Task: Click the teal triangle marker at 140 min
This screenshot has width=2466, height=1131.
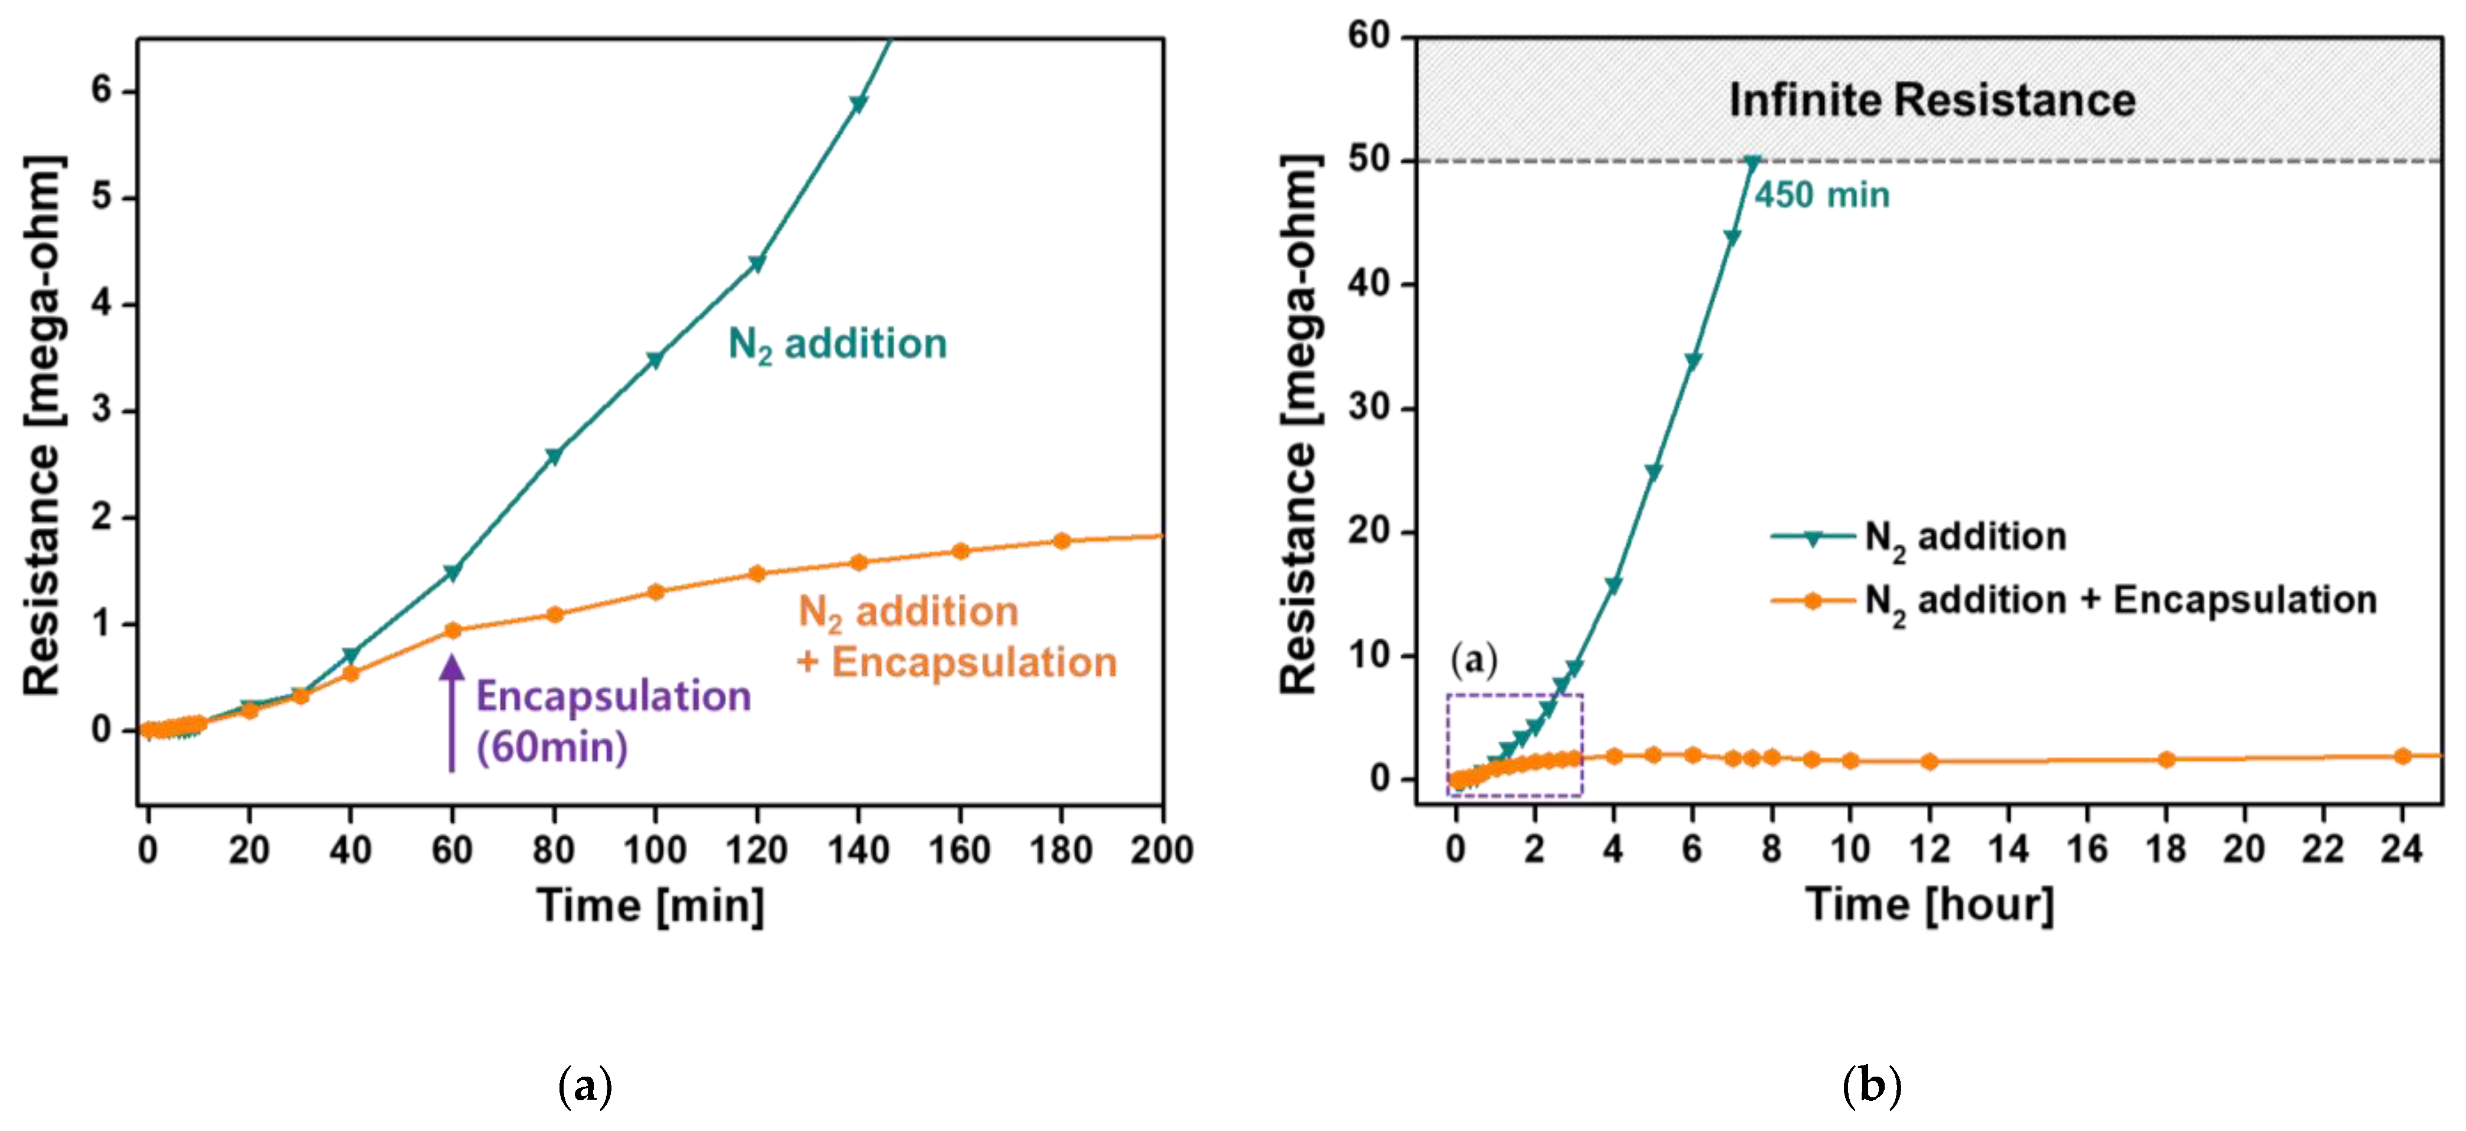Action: click(x=858, y=103)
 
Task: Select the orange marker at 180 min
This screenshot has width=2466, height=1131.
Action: click(x=1060, y=541)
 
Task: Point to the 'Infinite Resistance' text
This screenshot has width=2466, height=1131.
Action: click(x=1932, y=100)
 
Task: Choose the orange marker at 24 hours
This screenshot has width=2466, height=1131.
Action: click(x=2402, y=756)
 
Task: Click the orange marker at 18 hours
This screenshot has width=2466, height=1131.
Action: click(x=2166, y=759)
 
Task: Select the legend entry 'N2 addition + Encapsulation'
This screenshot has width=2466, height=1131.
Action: click(x=2119, y=600)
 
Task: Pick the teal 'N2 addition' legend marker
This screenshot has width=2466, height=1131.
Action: click(x=1812, y=538)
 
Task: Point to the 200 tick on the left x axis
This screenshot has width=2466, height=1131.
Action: click(x=1161, y=850)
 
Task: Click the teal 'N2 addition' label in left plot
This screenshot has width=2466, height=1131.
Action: click(x=838, y=344)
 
